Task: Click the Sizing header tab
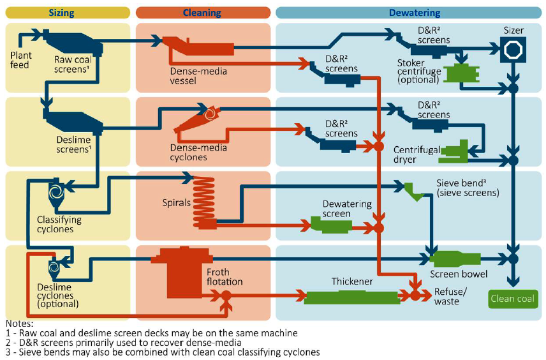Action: coord(68,12)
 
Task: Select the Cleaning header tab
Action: coord(202,12)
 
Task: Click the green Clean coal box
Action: coord(513,298)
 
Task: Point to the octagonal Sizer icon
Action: coord(512,49)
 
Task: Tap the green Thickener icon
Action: coord(351,296)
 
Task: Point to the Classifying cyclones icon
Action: coord(55,192)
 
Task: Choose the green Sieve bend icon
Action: coord(413,191)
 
